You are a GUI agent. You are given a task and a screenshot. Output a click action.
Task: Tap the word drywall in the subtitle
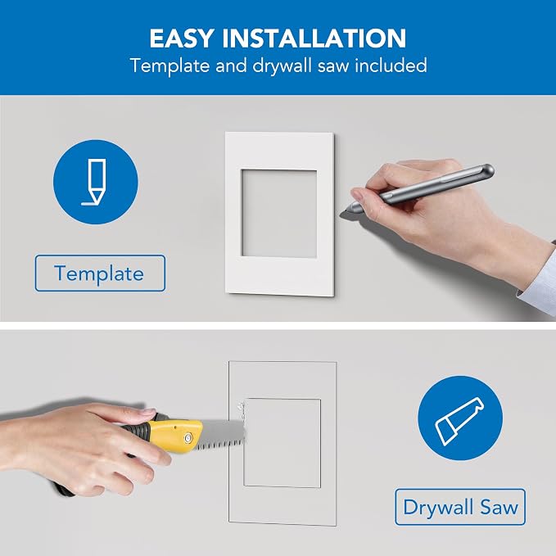coord(282,66)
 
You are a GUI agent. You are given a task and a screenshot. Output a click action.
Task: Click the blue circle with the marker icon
coord(96,182)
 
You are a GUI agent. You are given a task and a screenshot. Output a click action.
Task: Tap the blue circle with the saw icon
coord(460,418)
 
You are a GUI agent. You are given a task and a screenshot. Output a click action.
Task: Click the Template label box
coord(100,273)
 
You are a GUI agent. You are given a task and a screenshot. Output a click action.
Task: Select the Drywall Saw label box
coord(460,507)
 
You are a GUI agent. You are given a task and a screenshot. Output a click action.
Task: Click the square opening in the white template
coord(279,213)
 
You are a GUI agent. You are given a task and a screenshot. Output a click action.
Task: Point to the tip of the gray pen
coord(341,213)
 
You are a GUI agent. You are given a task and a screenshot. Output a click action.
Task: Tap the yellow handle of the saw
coord(174,436)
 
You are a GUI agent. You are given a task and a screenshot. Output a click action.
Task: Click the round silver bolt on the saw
coord(188,439)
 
